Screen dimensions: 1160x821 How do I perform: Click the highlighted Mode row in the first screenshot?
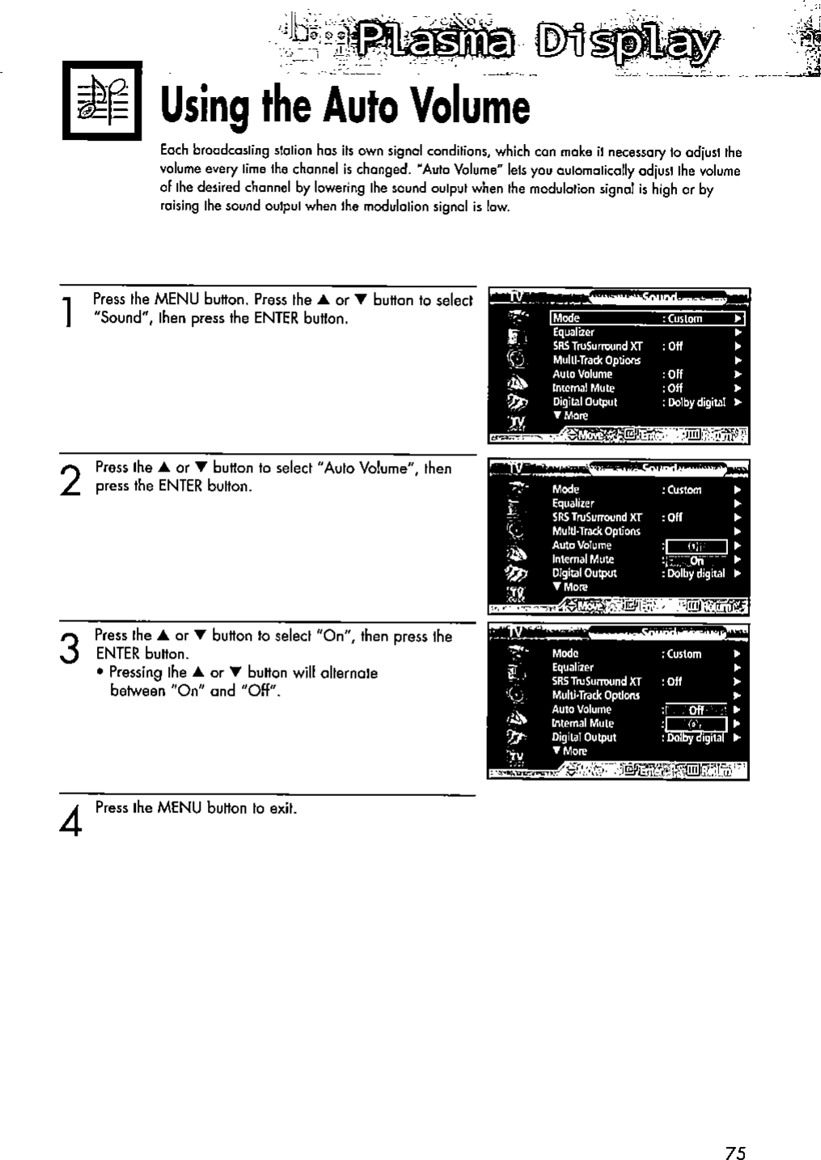646,318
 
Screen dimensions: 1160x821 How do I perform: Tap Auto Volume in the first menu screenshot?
582,374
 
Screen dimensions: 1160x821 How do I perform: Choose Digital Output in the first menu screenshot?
585,401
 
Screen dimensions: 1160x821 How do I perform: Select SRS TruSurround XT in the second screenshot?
597,517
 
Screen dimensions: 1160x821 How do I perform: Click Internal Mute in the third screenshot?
582,723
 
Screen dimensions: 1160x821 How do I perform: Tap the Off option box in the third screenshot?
695,709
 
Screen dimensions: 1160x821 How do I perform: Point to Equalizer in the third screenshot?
573,667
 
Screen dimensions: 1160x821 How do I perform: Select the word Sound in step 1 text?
116,318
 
